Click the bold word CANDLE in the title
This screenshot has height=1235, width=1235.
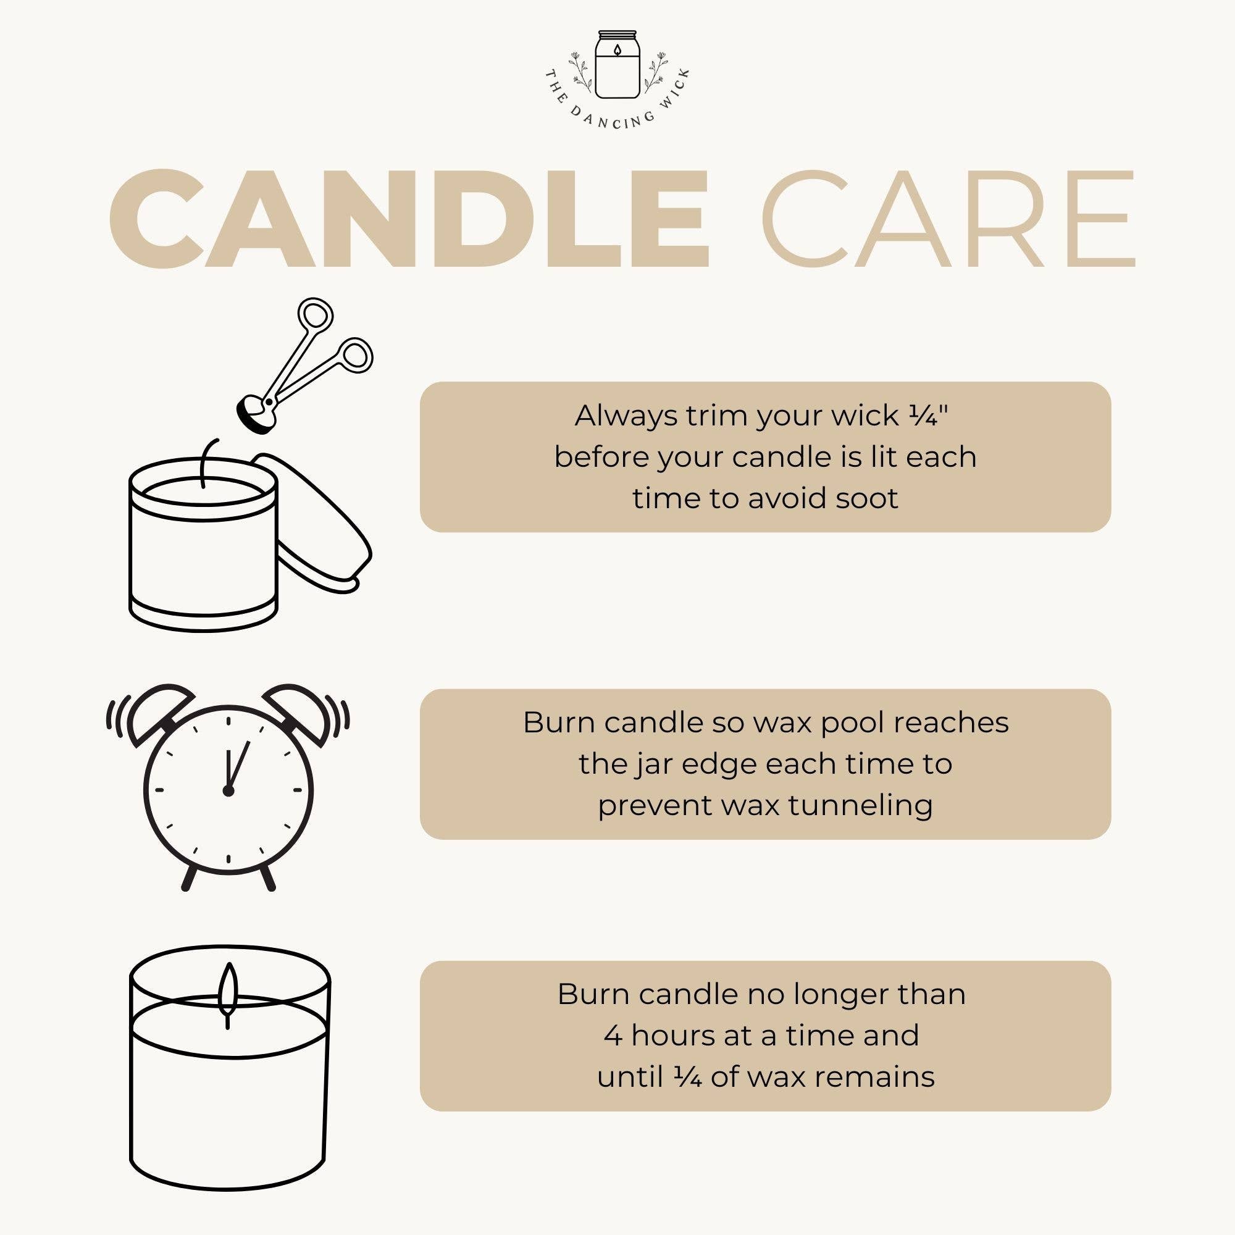click(x=409, y=219)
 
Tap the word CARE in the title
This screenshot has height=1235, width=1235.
click(x=947, y=219)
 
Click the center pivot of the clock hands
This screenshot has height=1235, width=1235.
click(x=228, y=792)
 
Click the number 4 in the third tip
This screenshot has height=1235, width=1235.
click(x=613, y=1036)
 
